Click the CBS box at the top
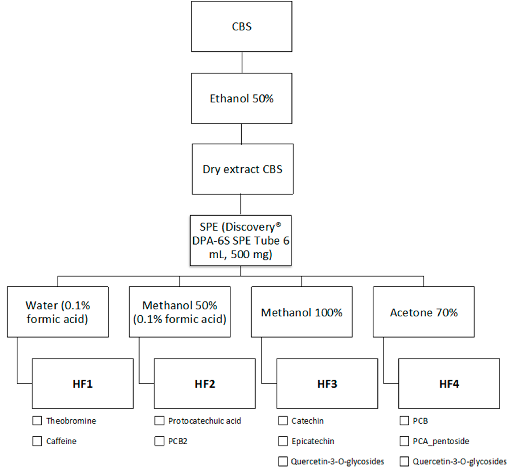(242, 26)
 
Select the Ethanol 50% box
(242, 98)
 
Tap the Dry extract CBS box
(242, 169)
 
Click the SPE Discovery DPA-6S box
(241, 240)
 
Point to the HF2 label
(205, 384)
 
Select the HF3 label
(327, 384)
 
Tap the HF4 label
(449, 384)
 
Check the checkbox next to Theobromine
(37, 421)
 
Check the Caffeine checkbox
(37, 441)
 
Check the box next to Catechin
(283, 421)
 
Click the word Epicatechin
(313, 441)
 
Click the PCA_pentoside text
(441, 441)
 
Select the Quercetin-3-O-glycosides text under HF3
(337, 461)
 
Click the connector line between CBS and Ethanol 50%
(242, 62)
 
